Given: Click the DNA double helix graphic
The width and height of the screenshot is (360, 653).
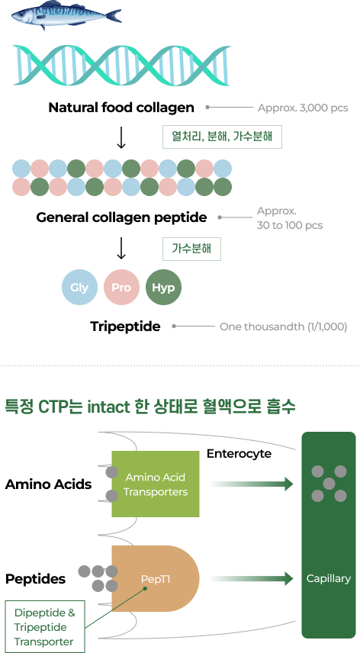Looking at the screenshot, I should pyautogui.click(x=121, y=64).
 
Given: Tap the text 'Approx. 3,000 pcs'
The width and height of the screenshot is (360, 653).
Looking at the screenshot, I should pyautogui.click(x=303, y=108).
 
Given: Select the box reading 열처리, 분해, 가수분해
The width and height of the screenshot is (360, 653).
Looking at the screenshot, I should pyautogui.click(x=222, y=137).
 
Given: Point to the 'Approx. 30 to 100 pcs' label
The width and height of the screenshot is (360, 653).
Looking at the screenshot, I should pyautogui.click(x=289, y=217).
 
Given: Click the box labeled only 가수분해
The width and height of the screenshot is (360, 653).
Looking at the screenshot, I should pyautogui.click(x=191, y=249).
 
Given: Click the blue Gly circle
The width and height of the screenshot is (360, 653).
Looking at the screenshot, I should pyautogui.click(x=79, y=288).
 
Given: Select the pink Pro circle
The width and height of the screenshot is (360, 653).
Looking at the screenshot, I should pyautogui.click(x=121, y=288).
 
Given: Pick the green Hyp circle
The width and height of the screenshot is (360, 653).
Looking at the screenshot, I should pyautogui.click(x=163, y=288).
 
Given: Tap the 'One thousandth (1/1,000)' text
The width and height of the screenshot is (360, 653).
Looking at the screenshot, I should pyautogui.click(x=283, y=326).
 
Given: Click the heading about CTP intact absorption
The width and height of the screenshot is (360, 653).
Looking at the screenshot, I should pyautogui.click(x=150, y=407).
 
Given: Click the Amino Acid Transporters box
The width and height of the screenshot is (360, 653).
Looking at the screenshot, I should pyautogui.click(x=156, y=484).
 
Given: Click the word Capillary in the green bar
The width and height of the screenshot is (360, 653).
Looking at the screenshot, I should pyautogui.click(x=329, y=578).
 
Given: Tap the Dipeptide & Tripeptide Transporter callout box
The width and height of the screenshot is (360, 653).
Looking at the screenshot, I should pyautogui.click(x=44, y=627).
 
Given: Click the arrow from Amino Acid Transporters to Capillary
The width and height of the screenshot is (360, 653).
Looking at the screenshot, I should pyautogui.click(x=251, y=484).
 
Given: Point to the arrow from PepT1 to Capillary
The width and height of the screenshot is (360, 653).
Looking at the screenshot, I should pyautogui.click(x=251, y=579).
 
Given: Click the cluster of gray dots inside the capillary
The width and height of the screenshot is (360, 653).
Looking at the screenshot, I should pyautogui.click(x=329, y=484).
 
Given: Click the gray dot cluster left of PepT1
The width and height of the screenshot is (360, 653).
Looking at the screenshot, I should pyautogui.click(x=99, y=578).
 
